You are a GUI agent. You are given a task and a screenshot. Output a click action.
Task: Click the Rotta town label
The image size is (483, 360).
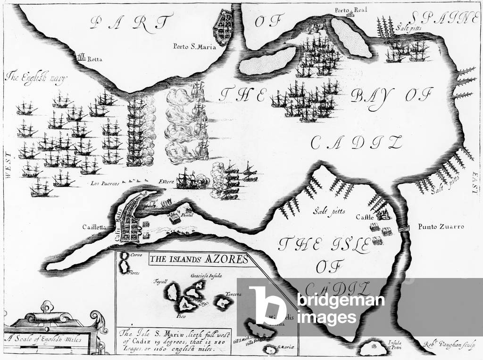[x=94, y=59]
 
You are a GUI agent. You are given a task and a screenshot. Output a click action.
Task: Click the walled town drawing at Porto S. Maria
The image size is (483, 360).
[x=223, y=27]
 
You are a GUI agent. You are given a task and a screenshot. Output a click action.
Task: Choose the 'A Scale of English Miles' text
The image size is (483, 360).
[x=42, y=338]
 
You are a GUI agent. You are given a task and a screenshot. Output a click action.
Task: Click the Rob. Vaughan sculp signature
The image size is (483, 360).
[x=445, y=343]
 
